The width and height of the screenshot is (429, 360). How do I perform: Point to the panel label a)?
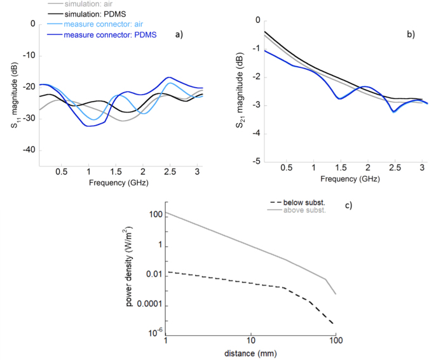[x=179, y=34]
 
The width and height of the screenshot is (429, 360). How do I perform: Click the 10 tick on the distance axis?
[x=251, y=340]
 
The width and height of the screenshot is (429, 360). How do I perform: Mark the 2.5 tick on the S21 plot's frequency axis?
[x=395, y=171]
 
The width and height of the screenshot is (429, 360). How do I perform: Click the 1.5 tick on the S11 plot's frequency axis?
[x=116, y=171]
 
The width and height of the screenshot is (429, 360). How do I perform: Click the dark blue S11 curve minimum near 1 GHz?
[x=89, y=126]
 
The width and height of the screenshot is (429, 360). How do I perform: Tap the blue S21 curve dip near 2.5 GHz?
[x=395, y=112]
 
